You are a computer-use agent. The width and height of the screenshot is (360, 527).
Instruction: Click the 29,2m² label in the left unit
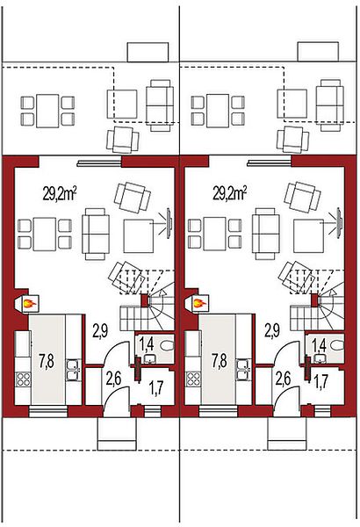tap(60, 194)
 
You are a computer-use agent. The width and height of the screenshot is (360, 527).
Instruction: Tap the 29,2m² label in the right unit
tap(230, 194)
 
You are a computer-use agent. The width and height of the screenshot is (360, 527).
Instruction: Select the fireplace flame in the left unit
tap(29, 304)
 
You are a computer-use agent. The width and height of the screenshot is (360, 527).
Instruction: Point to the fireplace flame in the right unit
tap(199, 304)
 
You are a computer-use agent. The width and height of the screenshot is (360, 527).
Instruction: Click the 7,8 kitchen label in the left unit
tap(47, 361)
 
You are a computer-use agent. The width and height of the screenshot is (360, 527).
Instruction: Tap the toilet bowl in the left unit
tap(167, 345)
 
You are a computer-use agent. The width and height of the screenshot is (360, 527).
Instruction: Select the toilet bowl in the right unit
tap(337, 345)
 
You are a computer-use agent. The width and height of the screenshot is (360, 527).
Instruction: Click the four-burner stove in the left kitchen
tap(23, 379)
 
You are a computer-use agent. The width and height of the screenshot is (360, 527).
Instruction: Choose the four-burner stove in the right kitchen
tap(193, 379)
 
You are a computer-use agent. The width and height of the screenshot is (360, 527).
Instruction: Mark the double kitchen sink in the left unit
tap(73, 370)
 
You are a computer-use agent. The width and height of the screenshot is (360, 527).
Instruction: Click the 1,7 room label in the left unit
tap(156, 388)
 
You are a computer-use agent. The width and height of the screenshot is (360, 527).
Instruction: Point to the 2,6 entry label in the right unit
tap(283, 379)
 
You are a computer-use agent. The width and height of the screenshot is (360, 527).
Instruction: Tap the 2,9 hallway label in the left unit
tap(100, 331)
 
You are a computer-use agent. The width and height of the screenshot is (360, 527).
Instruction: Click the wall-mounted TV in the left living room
tap(169, 223)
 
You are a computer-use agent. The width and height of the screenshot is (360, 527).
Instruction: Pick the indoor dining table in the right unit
tap(214, 234)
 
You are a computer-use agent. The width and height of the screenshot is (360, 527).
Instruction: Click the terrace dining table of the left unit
tap(47, 111)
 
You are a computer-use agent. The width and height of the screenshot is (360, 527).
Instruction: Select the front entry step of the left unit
tap(117, 434)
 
